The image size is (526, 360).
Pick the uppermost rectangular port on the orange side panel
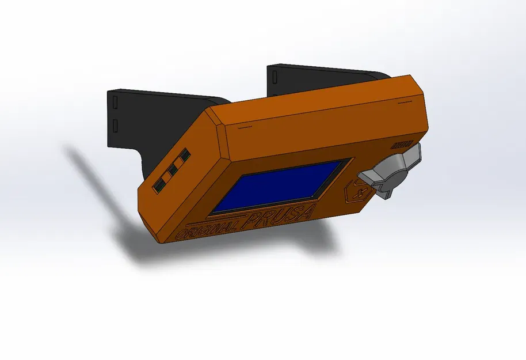pos(185,156)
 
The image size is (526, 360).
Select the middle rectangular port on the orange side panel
pos(172,170)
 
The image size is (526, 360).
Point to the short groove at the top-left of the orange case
pos(245,124)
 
